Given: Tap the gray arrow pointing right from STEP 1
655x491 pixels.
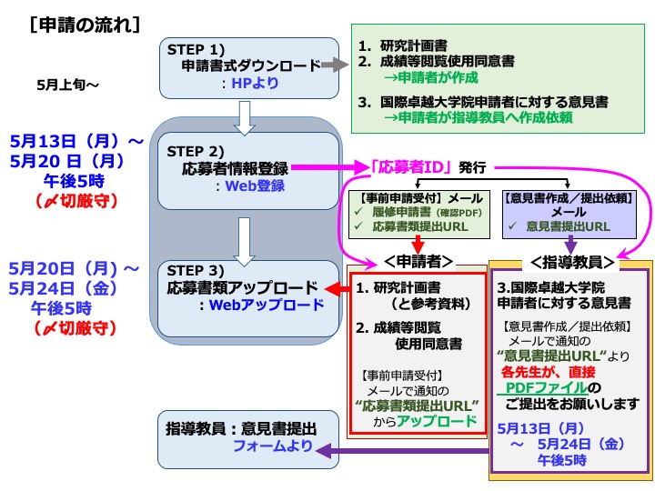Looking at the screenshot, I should pos(335,65).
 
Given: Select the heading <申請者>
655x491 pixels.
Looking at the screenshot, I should pos(418,261).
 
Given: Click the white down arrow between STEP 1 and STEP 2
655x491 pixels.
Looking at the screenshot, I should pos(243,114).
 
